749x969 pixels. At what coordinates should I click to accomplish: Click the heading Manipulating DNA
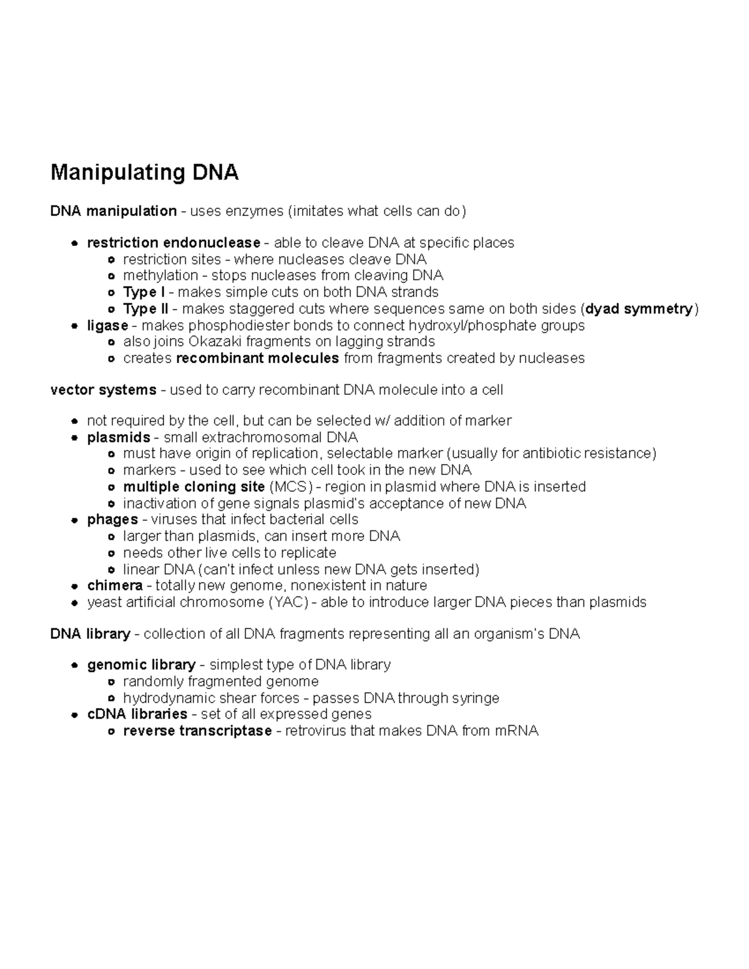click(144, 172)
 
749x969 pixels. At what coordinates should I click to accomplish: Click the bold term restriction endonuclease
click(174, 243)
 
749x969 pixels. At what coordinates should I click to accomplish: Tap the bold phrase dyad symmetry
click(639, 309)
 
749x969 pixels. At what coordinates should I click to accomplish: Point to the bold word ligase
click(107, 326)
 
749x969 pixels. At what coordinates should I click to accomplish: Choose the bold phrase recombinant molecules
click(258, 358)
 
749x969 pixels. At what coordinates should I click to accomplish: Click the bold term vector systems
click(103, 390)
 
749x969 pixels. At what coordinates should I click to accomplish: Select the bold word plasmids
click(119, 437)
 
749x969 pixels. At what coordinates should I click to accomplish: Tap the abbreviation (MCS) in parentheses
click(290, 487)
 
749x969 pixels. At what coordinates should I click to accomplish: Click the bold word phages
click(112, 520)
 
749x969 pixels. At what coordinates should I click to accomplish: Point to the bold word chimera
click(115, 586)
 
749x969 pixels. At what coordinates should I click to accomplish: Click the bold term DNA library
click(90, 634)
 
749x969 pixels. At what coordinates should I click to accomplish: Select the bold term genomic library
click(141, 665)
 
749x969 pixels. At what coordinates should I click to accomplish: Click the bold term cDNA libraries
click(137, 714)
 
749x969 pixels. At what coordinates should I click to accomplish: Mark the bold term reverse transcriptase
click(197, 731)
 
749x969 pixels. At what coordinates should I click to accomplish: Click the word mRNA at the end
click(516, 731)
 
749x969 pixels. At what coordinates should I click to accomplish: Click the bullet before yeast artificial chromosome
click(74, 603)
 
